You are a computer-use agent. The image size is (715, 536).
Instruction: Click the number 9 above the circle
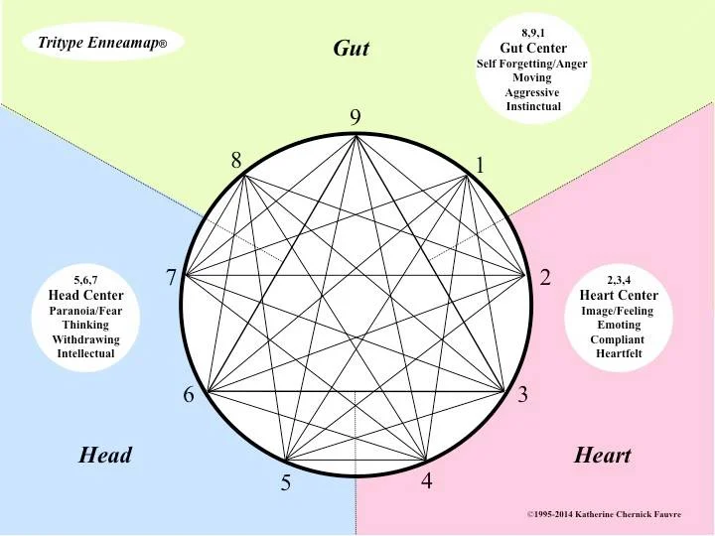coord(356,117)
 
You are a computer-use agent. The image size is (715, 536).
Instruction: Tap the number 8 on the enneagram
coord(237,160)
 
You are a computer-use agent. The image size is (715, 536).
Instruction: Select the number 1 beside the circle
coord(480,166)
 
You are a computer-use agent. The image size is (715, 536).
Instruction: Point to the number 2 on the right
coord(545,278)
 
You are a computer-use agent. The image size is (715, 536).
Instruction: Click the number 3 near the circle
coord(522,394)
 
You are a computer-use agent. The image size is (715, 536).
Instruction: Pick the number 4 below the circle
coord(427,482)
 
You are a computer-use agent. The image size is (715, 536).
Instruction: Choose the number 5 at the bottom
coord(285,484)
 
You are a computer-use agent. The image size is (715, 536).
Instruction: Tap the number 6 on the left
coord(189,395)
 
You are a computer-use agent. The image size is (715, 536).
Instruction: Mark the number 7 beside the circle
coord(171,278)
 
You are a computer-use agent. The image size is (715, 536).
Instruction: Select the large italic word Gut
coord(351,49)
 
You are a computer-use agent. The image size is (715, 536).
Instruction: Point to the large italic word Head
coord(105,456)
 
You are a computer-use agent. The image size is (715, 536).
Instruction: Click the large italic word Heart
coord(602,456)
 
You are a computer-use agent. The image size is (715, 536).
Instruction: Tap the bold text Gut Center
coord(533,48)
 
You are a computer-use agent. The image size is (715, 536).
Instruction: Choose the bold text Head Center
coord(86,296)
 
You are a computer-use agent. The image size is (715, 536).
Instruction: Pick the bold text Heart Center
coord(619,296)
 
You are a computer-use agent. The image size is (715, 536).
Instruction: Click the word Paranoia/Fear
coord(86,310)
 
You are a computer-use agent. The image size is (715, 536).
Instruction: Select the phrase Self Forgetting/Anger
coord(533,63)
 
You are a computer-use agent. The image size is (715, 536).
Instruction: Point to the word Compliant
coord(619,339)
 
